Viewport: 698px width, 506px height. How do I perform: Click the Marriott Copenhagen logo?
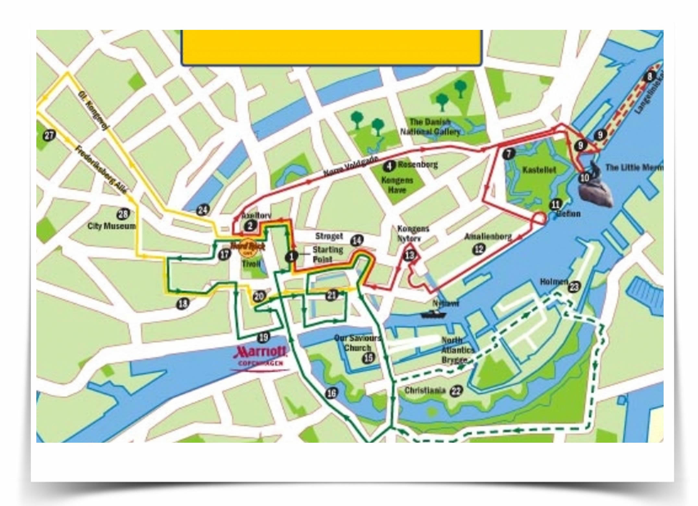pos(261,356)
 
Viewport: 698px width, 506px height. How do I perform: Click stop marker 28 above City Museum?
pos(123,214)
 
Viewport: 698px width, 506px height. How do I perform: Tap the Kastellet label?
pos(539,170)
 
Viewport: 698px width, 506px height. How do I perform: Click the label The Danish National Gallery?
pos(430,127)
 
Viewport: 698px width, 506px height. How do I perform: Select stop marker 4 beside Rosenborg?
pos(389,166)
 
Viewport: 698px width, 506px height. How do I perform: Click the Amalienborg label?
pos(488,237)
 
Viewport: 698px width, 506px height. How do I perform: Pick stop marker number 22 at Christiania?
pos(456,391)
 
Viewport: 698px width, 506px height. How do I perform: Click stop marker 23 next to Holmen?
pos(574,286)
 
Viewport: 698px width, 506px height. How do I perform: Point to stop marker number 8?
pos(649,77)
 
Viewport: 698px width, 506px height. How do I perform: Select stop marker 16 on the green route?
pos(331,393)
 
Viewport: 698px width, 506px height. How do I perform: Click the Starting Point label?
pos(328,254)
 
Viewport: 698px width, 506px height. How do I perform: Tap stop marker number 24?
pos(203,210)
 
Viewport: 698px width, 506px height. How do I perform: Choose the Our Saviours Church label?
pos(357,343)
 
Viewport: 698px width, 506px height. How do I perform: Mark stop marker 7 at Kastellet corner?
pos(509,154)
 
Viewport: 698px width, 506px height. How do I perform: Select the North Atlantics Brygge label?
pos(458,350)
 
